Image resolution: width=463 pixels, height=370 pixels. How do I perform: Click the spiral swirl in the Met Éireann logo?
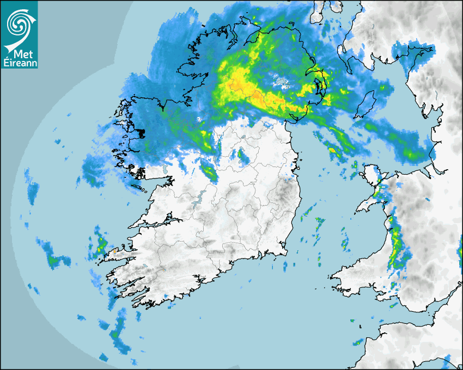tap(19, 22)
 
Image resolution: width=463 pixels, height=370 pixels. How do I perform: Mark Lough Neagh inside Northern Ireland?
tap(282, 83)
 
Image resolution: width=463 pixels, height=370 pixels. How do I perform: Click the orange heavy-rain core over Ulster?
tap(240, 84)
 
